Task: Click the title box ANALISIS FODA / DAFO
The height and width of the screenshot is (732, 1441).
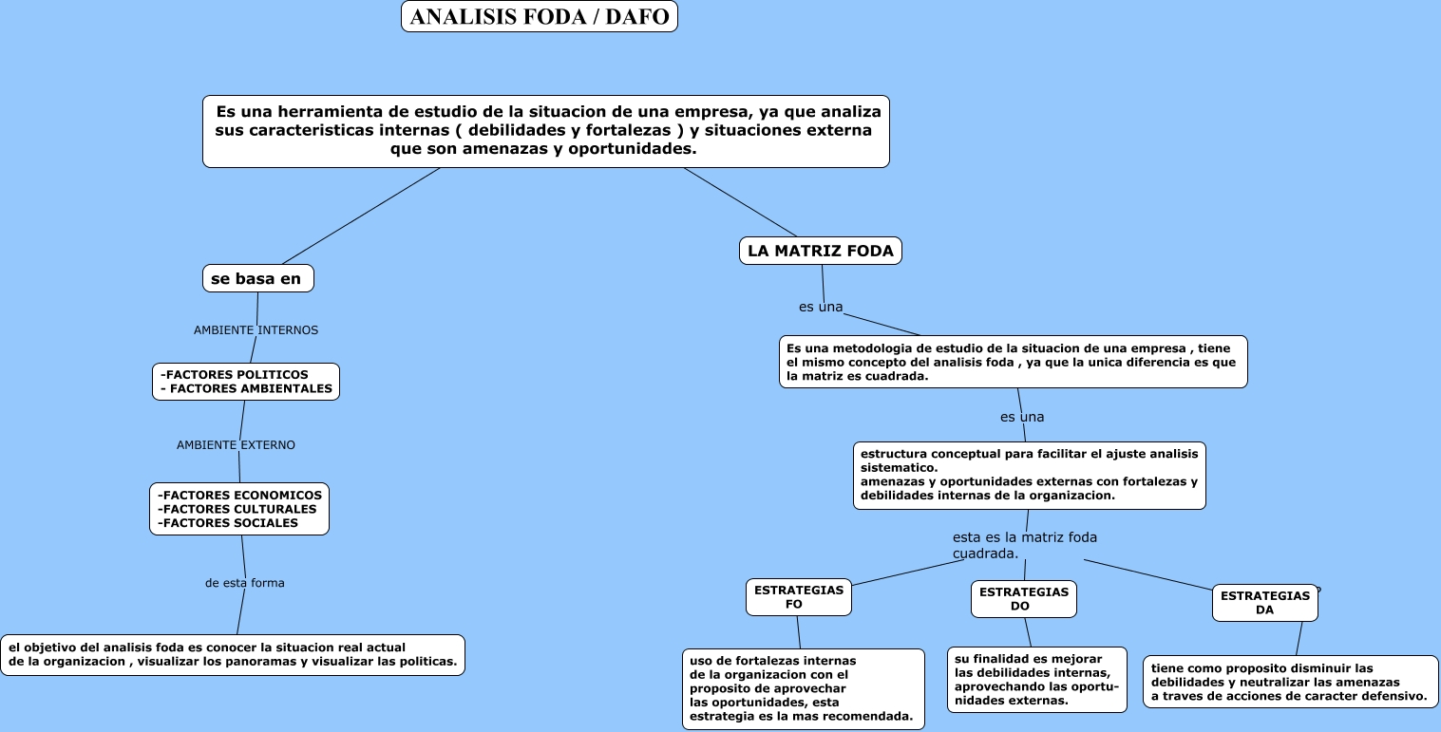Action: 539,16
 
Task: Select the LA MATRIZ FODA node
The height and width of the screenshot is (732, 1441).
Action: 820,251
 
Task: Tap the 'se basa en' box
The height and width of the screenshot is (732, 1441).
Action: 257,278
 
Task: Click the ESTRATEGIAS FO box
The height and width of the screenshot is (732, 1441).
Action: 798,597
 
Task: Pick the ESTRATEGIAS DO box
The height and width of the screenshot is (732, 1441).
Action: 1023,599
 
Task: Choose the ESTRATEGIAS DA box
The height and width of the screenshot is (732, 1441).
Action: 1264,603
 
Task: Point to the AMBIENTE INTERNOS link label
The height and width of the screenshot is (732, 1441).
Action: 256,330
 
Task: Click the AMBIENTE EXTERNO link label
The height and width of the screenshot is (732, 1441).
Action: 236,444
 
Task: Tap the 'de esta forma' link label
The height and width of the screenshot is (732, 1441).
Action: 244,583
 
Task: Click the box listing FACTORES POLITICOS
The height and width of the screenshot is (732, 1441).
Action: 246,382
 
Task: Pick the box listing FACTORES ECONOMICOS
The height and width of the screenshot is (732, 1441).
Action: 239,509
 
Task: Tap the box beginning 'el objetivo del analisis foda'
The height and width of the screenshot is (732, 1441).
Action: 233,655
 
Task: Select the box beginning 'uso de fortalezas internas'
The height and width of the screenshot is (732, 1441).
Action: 803,688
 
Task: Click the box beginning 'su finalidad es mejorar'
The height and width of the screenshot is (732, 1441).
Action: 1036,680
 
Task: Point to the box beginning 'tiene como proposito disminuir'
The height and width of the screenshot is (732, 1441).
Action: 1289,682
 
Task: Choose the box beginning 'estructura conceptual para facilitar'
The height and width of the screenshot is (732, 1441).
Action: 1029,475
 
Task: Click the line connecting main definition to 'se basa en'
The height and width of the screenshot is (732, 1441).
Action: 361,216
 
